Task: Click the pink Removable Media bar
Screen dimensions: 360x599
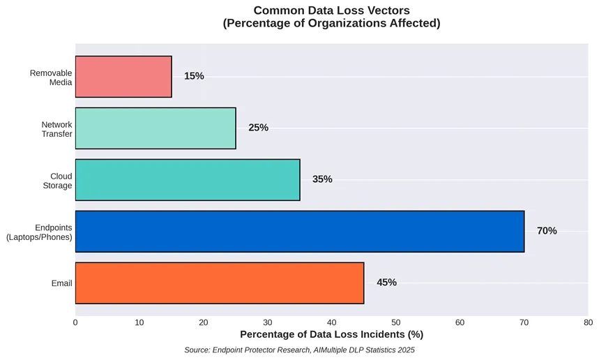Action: [123, 77]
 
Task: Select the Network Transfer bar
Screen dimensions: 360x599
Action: [156, 128]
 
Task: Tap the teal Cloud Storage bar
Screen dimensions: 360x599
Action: [188, 180]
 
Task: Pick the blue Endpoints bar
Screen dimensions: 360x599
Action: [300, 232]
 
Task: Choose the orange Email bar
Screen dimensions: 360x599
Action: [220, 283]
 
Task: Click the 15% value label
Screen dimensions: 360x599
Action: [194, 76]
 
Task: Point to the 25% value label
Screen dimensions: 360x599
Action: [258, 128]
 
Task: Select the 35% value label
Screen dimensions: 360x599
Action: [322, 179]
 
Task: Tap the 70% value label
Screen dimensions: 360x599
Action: [547, 231]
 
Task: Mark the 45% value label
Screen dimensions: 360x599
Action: [386, 283]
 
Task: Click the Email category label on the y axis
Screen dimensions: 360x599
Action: [61, 283]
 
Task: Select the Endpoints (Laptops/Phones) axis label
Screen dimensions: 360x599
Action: [39, 232]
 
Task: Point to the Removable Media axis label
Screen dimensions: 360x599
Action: [51, 77]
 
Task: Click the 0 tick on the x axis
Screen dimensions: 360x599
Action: [75, 322]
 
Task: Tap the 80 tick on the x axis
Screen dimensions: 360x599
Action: [588, 322]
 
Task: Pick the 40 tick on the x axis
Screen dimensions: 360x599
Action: [332, 322]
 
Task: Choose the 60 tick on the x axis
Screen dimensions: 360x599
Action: [460, 322]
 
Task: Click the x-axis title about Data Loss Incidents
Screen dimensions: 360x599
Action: [331, 336]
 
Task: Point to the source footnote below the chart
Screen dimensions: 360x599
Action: [299, 350]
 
